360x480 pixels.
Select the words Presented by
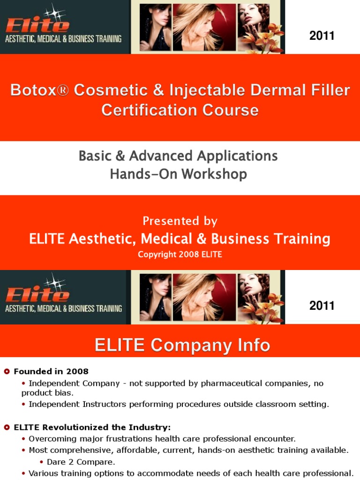click(x=180, y=221)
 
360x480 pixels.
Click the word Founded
click(x=33, y=372)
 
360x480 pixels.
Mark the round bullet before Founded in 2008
click(x=7, y=372)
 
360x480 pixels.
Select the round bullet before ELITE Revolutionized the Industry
click(x=7, y=427)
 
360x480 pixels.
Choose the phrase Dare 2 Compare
click(x=81, y=462)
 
